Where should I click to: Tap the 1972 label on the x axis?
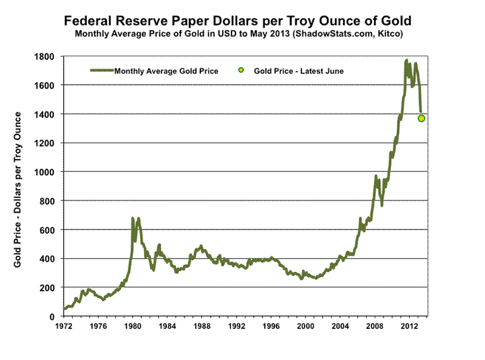click(63, 327)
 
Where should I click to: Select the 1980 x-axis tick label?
click(133, 327)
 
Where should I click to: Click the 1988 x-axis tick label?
click(202, 327)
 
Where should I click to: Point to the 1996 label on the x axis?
click(271, 327)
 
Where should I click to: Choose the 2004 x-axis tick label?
click(340, 327)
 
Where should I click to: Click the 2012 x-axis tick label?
click(410, 327)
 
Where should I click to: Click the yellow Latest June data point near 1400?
click(422, 118)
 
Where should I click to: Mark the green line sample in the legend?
click(101, 71)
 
